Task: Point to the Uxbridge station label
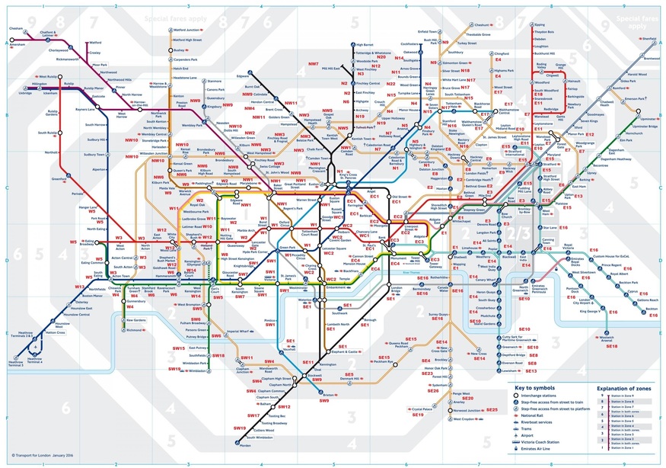[x=25, y=93]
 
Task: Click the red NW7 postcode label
[x=313, y=63]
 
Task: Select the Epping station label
[x=540, y=24]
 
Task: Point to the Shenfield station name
[x=649, y=37]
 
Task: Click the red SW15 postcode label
[x=180, y=348]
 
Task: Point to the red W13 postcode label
[x=79, y=287]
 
